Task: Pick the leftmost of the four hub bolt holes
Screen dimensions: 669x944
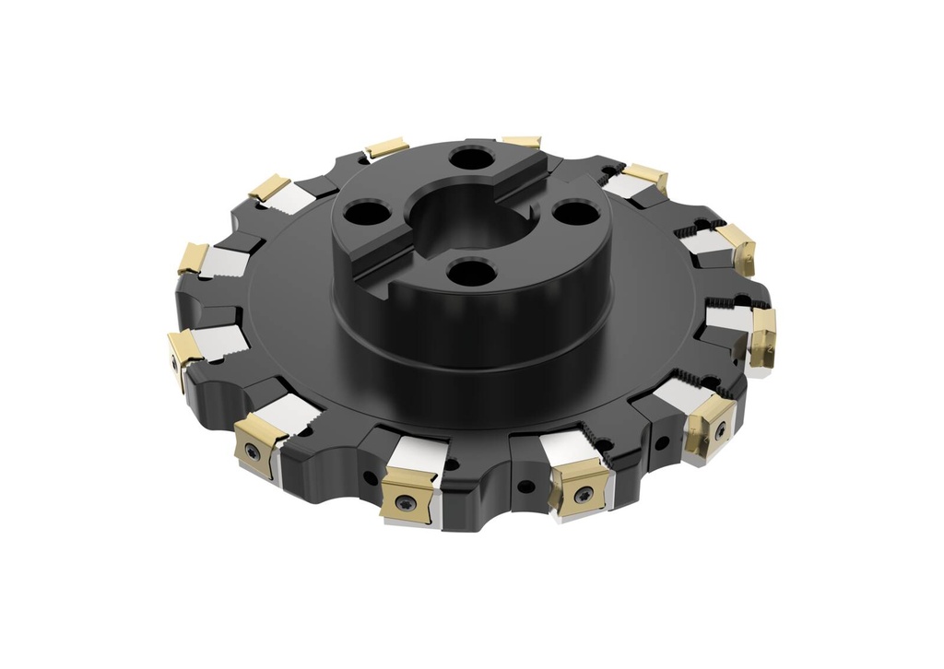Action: (360, 214)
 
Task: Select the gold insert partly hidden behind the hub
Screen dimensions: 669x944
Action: (522, 142)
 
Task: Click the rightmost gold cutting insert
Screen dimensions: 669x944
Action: (763, 337)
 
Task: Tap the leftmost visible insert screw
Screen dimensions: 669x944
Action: (175, 362)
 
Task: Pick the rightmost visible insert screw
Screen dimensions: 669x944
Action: (719, 427)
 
